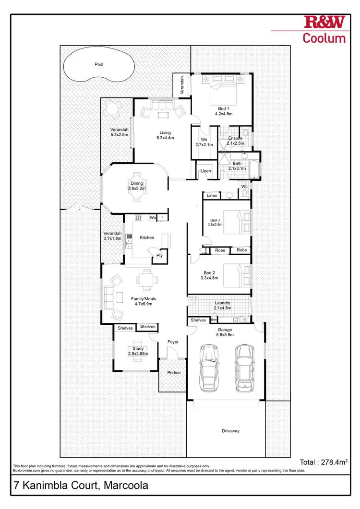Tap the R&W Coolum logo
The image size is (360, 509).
[324, 30]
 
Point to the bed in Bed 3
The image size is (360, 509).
[238, 222]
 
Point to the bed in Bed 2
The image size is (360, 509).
[238, 275]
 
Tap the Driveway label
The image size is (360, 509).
[230, 431]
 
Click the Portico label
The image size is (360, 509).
[173, 373]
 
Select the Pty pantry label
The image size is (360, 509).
[159, 256]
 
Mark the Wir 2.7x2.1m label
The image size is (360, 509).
[204, 142]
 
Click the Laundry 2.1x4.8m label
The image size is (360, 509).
[223, 306]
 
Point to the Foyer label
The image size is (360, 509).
[173, 342]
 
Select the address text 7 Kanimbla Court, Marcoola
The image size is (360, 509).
[80, 485]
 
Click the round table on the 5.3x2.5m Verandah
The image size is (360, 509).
[111, 109]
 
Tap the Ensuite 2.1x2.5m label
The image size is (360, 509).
[236, 141]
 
